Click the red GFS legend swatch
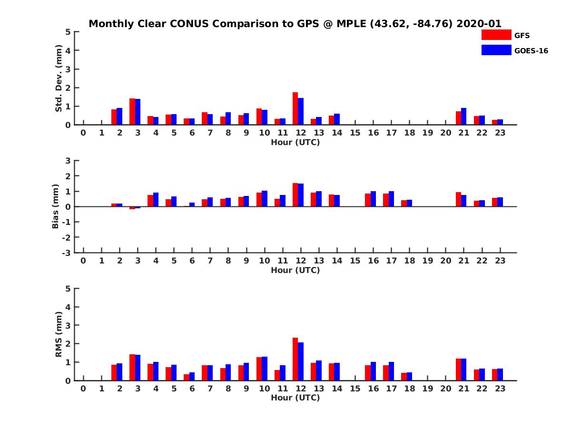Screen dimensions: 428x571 (496, 35)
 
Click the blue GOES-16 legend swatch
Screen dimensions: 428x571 (496, 50)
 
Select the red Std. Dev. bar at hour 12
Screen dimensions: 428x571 (295, 108)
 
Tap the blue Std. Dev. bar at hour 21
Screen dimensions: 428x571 (463, 117)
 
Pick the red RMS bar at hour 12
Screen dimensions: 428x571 (295, 359)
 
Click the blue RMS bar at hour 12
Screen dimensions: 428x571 (301, 361)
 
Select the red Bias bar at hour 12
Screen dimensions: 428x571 (295, 195)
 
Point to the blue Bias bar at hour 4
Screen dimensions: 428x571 (156, 200)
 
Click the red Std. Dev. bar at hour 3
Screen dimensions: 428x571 (132, 112)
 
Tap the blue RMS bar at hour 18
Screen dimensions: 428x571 (409, 376)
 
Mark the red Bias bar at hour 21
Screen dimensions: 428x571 (458, 199)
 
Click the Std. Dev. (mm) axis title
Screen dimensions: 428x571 (59, 78)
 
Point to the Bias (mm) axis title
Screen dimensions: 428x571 (56, 206)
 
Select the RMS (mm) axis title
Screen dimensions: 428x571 (59, 334)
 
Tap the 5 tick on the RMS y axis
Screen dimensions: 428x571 (69, 289)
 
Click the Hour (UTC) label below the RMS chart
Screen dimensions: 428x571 (295, 398)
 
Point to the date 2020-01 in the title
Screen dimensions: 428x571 (479, 24)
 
